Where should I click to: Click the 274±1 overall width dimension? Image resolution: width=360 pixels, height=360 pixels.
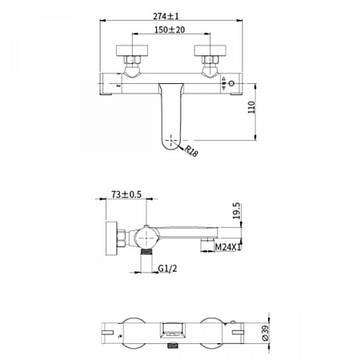point(166,16)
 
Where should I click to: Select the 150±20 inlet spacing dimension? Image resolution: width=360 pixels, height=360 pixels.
point(170,30)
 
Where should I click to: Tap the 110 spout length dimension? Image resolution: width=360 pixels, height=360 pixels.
point(251,107)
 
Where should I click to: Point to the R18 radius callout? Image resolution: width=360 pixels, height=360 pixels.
point(191,151)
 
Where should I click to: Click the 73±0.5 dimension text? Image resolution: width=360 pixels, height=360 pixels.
point(126,194)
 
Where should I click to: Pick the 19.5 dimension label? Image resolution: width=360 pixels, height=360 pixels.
point(237,210)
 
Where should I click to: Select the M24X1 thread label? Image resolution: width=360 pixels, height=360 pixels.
point(228,247)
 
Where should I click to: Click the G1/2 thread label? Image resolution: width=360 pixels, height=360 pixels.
point(167,268)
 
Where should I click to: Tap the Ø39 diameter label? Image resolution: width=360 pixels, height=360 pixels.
point(266,333)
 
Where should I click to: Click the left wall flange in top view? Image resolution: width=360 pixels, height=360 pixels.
point(132,50)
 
